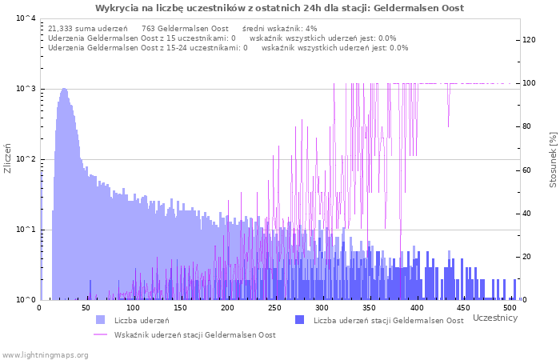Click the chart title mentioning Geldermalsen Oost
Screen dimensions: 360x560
click(x=279, y=8)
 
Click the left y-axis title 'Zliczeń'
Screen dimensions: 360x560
click(x=8, y=158)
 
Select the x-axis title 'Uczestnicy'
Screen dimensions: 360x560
click(x=494, y=318)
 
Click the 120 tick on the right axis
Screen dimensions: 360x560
click(x=529, y=40)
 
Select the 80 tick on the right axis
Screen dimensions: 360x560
click(x=529, y=126)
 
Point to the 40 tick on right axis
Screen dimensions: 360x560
click(x=529, y=214)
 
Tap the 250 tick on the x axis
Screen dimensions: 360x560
click(x=274, y=307)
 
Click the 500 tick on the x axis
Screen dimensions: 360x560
click(x=510, y=307)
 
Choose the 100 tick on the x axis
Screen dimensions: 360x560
click(x=134, y=307)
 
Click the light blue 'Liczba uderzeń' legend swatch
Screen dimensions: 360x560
click(x=100, y=320)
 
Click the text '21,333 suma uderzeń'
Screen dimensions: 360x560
click(x=88, y=29)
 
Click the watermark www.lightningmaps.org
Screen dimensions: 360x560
click(x=45, y=354)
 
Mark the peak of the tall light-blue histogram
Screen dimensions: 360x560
click(x=63, y=89)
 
